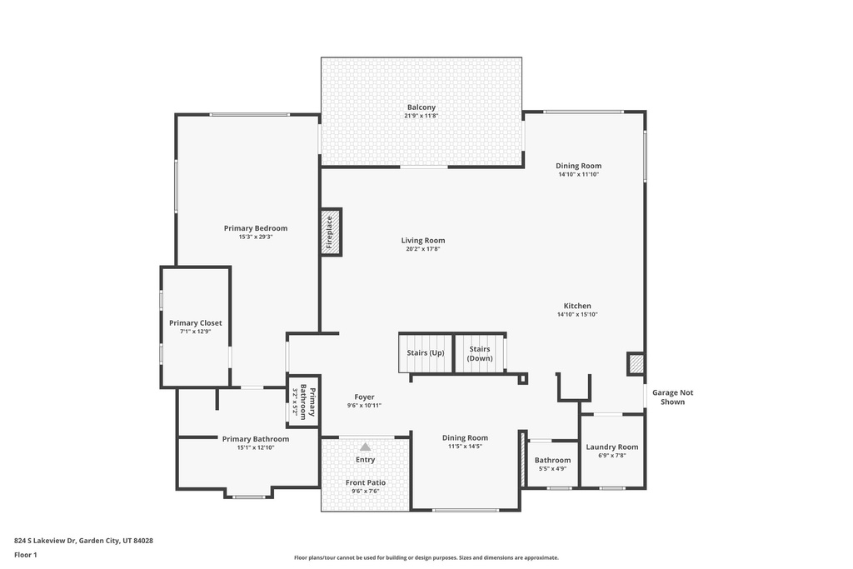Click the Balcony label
coord(421,107)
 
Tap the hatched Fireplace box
coord(331,232)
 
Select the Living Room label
coord(422,241)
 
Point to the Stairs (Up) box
coord(426,353)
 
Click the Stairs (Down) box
coord(480,353)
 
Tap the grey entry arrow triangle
coord(365,447)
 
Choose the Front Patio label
coord(366,482)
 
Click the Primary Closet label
coord(195,323)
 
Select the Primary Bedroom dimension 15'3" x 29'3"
coord(256,237)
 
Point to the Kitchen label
coord(577,306)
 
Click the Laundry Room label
coord(612,447)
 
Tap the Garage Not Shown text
coord(673,397)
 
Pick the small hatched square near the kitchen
coord(636,363)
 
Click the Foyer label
coord(364,397)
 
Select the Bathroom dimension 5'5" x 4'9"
coord(553,469)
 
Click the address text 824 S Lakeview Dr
coord(44,541)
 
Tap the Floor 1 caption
coord(26,555)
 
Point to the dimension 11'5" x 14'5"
coord(465,447)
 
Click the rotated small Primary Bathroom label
coord(304,402)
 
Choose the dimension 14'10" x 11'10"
coord(578,175)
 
